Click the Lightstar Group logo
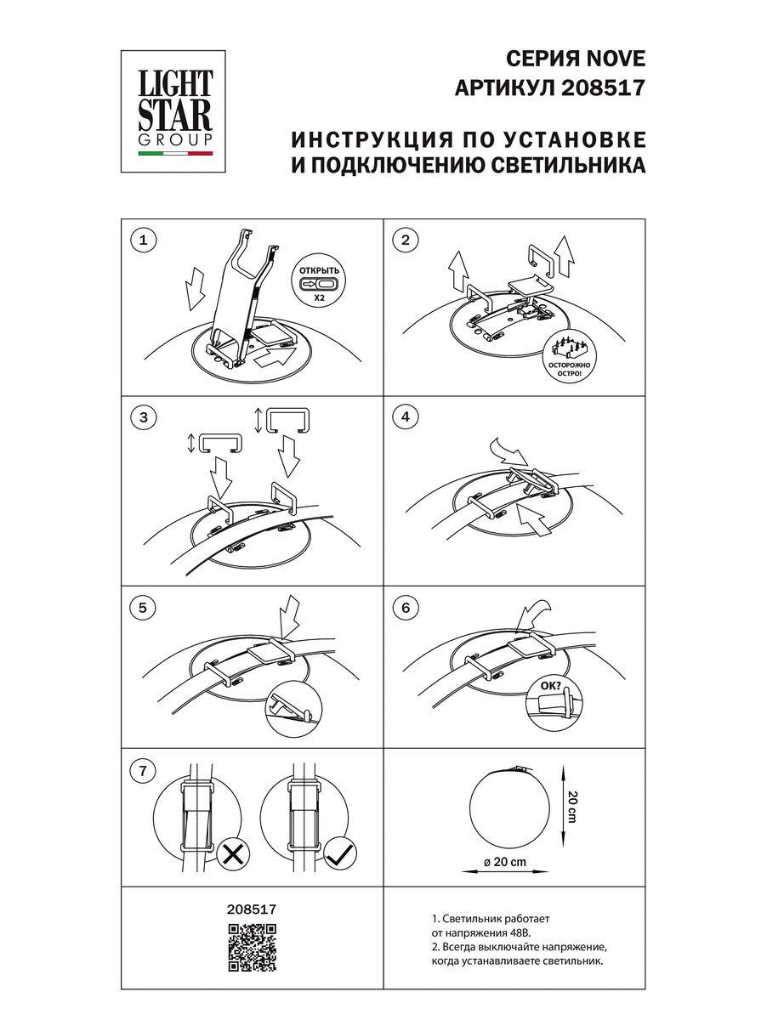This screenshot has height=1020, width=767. coord(176,104)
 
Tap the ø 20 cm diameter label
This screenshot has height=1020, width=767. coord(504,861)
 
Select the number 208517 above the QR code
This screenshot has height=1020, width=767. coord(253,908)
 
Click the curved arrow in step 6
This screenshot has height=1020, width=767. coord(533,609)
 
